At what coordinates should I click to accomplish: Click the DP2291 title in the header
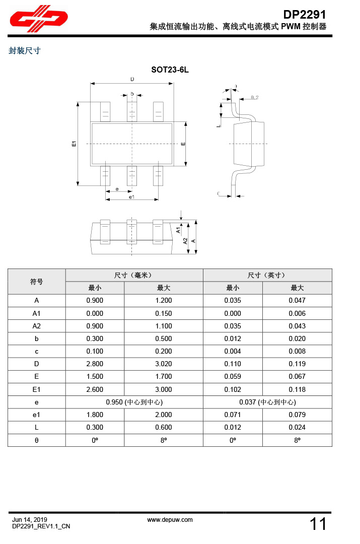click(305, 15)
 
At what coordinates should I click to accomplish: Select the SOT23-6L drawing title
click(170, 70)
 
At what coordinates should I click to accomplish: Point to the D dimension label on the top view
click(132, 79)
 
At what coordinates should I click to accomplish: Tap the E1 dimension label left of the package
click(74, 144)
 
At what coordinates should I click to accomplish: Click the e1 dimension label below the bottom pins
click(131, 197)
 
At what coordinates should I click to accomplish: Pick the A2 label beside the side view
click(185, 241)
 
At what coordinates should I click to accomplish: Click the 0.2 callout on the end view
click(254, 97)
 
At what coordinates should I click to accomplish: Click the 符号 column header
click(37, 282)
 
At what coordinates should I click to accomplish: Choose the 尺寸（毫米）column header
click(134, 275)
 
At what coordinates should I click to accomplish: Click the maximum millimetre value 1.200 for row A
click(164, 301)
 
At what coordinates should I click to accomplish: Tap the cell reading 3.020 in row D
click(164, 364)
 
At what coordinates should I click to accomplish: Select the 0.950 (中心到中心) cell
click(134, 402)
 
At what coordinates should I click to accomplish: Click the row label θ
click(37, 440)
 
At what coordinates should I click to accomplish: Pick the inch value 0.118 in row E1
click(297, 389)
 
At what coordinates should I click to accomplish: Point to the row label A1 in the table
click(37, 313)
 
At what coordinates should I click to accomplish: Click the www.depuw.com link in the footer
click(170, 520)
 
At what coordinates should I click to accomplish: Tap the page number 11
click(318, 524)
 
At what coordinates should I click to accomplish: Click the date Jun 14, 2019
click(30, 520)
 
